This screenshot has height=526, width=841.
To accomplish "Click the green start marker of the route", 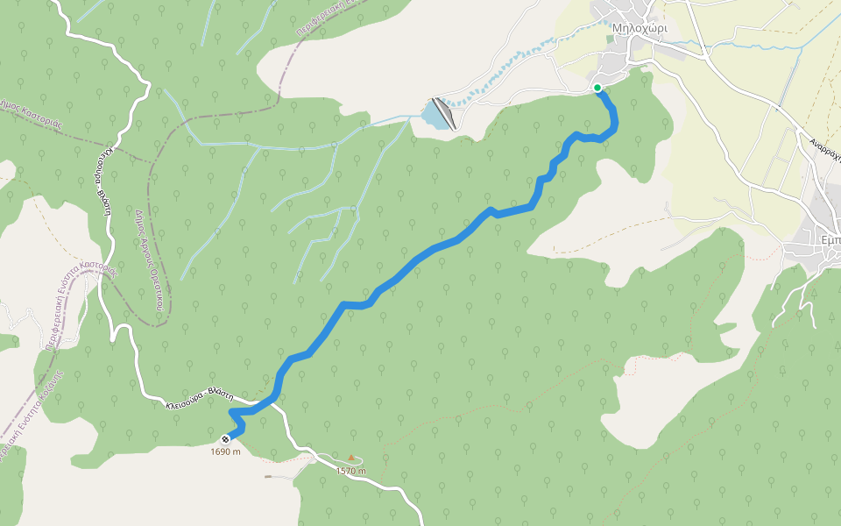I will click(597, 88).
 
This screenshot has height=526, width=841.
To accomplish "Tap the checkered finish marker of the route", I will click(226, 438).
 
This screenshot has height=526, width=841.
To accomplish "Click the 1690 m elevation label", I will click(225, 452).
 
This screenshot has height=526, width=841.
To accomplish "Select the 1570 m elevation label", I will click(351, 472).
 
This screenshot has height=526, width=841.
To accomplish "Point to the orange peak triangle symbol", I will click(351, 458).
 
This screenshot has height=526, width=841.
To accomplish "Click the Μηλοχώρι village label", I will click(640, 27).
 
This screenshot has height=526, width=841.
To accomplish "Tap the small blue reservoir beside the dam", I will click(432, 115).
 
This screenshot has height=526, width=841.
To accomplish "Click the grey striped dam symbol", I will click(445, 114).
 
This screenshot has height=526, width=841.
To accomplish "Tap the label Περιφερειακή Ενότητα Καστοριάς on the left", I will click(77, 307).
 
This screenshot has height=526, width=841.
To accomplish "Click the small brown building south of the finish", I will click(268, 476).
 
